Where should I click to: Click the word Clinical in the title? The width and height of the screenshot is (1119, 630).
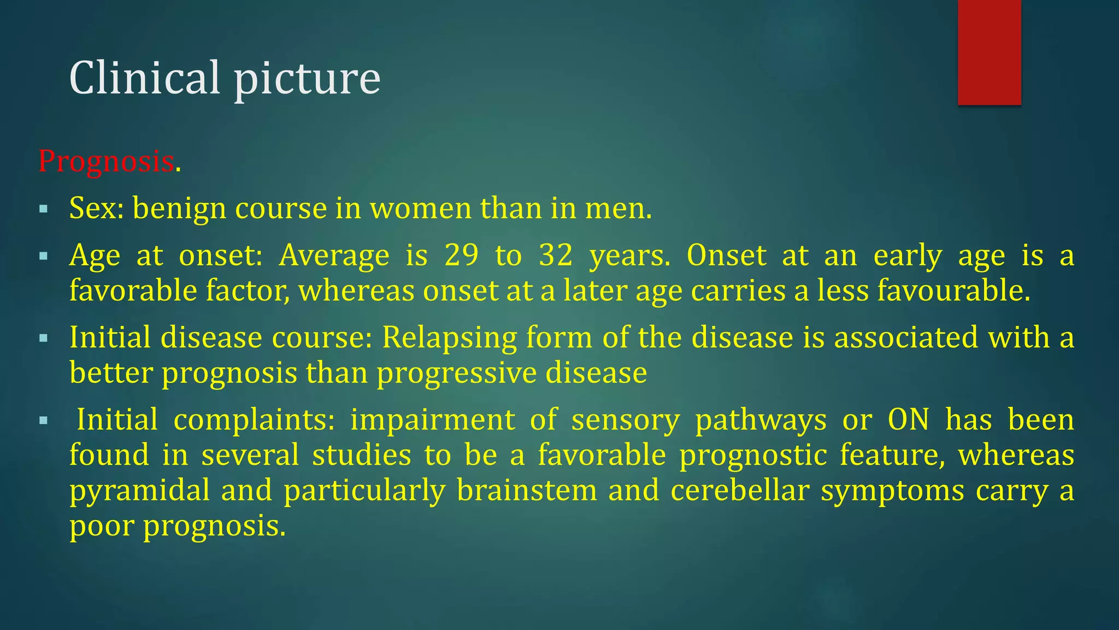[x=144, y=78]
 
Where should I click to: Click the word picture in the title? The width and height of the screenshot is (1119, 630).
[x=307, y=79]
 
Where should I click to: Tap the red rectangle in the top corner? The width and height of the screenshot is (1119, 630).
[x=989, y=52]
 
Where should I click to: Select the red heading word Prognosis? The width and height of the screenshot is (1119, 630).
[x=106, y=162]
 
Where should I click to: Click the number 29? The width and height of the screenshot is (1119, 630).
[x=462, y=255]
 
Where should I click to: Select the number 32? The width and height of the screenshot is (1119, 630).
[x=556, y=255]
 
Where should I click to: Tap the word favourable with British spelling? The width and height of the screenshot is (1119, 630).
[x=953, y=290]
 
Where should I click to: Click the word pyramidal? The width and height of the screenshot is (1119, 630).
[x=139, y=491]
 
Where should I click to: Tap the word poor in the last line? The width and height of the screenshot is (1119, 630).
[x=101, y=526]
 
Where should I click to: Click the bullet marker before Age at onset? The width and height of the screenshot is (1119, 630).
[x=44, y=256]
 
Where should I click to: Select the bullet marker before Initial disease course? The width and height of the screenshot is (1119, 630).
[x=44, y=339]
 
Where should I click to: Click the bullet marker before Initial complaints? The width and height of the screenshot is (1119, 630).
[x=44, y=421]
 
